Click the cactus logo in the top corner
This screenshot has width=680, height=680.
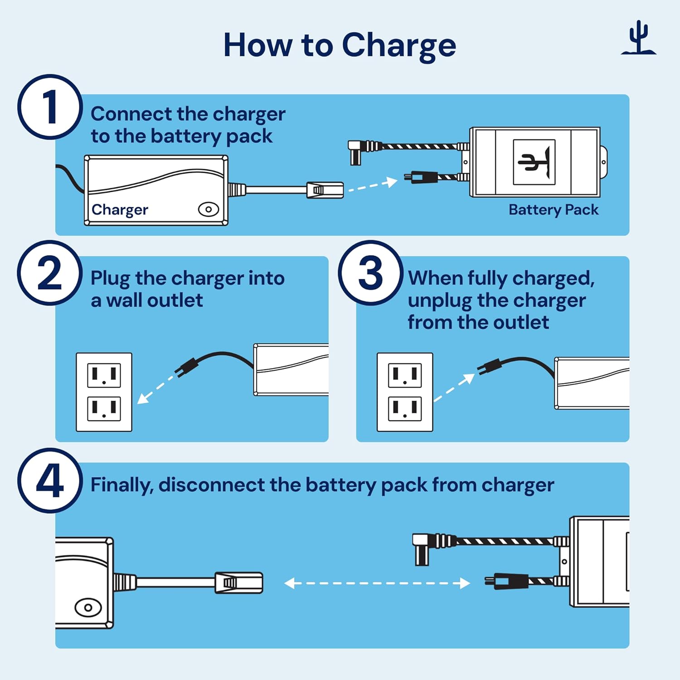(638, 39)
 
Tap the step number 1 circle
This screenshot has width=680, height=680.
(50, 107)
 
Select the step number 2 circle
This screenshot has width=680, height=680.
(50, 273)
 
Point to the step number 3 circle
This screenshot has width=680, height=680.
(370, 273)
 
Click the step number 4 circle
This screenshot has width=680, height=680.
(50, 481)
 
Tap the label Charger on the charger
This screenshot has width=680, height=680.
(120, 210)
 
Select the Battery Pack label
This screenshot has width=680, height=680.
(553, 210)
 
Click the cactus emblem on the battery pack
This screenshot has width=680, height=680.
(534, 162)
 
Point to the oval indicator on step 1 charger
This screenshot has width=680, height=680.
(209, 209)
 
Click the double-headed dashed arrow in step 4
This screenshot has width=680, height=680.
(377, 583)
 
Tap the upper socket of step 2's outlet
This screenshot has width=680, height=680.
(104, 375)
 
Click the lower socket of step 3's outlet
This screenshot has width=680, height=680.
(405, 408)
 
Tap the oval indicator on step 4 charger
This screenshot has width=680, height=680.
(88, 607)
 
